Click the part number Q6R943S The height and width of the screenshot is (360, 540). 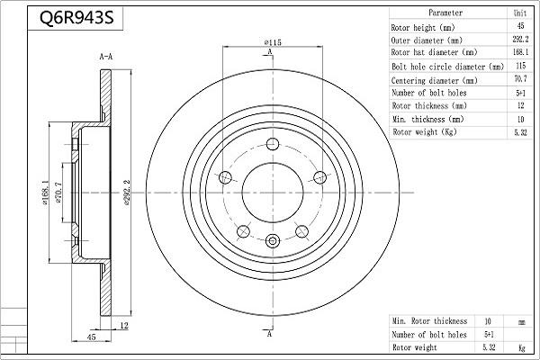pos(76,18)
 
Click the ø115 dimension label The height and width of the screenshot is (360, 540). pos(273,42)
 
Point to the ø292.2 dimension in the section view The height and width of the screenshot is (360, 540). pos(126,193)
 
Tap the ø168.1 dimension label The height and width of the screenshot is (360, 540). pos(45,193)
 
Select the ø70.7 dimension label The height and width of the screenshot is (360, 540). pos(58,193)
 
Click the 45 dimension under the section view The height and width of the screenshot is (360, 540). pos(91,337)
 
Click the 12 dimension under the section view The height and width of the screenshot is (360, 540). pos(123,325)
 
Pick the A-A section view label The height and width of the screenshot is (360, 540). pos(106,57)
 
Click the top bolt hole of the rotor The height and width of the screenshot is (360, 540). pos(273,144)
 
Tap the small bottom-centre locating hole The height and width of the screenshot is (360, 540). pos(273,240)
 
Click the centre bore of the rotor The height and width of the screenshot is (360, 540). pos(273,193)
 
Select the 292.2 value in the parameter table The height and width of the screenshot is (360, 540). pos(520,40)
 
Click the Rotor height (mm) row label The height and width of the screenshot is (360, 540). pos(423,28)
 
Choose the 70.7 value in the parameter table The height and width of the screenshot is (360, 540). pos(520,79)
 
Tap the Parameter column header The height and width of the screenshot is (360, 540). pos(445,13)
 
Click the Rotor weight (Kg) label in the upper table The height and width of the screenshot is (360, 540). pos(424,132)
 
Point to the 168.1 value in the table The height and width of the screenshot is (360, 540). pos(520,52)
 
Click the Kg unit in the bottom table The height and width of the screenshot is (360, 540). pos(522,348)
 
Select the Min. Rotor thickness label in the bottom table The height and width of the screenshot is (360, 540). pos(429,321)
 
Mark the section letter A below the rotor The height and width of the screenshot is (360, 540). pos(270,334)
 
